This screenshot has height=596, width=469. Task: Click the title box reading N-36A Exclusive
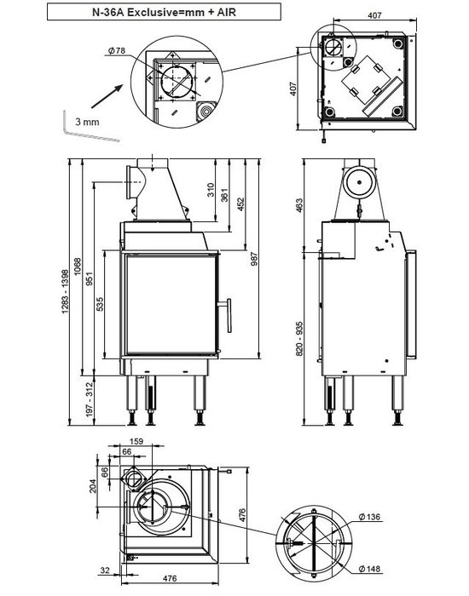164,12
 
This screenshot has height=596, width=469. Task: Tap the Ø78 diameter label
117,50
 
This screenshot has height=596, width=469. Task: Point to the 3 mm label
87,122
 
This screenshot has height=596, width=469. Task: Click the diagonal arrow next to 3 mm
107,96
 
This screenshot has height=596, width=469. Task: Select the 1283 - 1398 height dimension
66,291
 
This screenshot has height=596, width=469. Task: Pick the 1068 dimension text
78,267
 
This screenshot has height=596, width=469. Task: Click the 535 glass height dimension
100,304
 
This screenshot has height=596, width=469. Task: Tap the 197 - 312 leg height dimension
90,398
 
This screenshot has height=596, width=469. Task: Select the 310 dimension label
211,190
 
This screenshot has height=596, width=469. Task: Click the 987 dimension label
254,259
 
